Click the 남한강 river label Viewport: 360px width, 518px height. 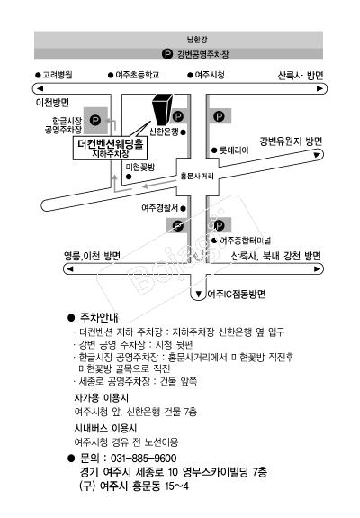click(197, 40)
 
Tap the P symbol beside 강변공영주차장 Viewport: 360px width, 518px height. click(167, 53)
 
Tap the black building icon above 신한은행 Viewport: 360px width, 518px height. click(162, 109)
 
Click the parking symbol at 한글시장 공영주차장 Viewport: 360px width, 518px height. click(95, 120)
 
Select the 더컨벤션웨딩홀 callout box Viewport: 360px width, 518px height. click(110, 148)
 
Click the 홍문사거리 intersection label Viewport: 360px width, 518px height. click(197, 176)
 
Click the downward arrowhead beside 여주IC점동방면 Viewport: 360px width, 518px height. click(199, 294)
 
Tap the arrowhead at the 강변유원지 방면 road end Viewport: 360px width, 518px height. click(317, 155)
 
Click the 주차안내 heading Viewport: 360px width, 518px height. click(99, 318)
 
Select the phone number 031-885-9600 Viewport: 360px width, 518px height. click(143, 459)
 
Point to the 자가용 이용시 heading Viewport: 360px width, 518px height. click(102, 398)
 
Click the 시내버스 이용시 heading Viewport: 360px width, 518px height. click(105, 429)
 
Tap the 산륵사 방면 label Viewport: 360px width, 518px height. click(301, 76)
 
